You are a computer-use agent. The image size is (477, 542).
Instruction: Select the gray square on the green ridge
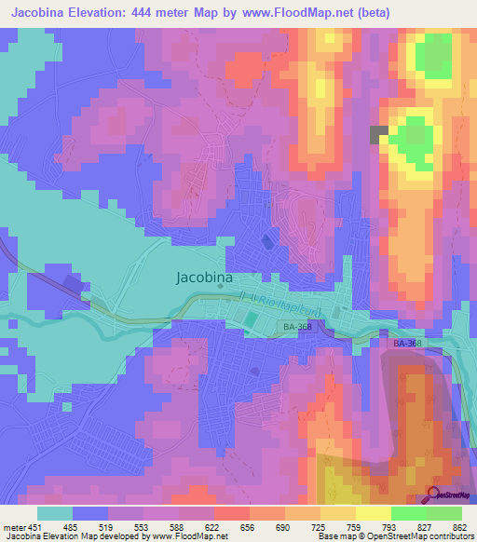(x=379, y=134)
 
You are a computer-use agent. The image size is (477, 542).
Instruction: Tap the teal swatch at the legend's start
(x=54, y=513)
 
